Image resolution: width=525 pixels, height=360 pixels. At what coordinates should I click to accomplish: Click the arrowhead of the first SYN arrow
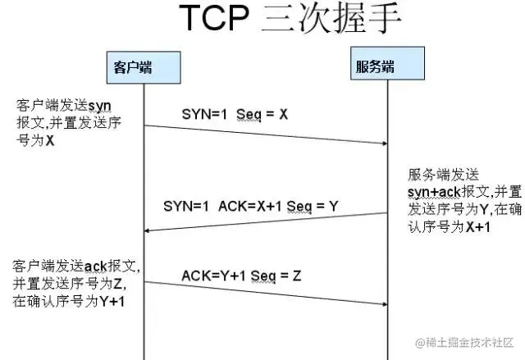pyautogui.click(x=384, y=144)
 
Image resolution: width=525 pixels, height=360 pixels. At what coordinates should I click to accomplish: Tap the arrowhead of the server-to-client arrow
pyautogui.click(x=148, y=231)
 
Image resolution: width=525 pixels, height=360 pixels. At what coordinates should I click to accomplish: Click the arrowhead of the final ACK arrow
pyautogui.click(x=384, y=303)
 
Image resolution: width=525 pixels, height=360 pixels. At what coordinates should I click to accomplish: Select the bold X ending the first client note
pyautogui.click(x=49, y=140)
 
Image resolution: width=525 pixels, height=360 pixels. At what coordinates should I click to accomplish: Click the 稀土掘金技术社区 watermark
pyautogui.click(x=463, y=342)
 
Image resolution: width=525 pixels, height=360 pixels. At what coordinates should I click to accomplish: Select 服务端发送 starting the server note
pyautogui.click(x=442, y=175)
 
